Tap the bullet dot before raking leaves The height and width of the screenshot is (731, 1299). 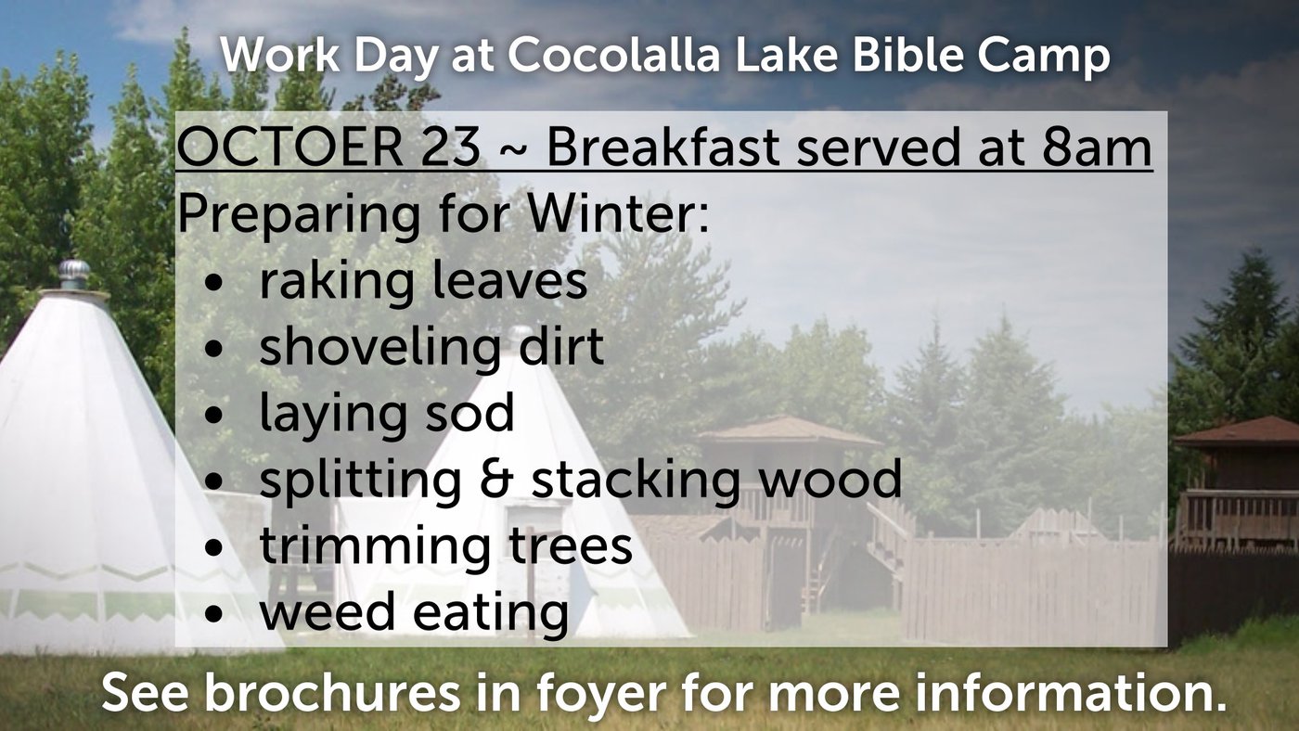(x=213, y=284)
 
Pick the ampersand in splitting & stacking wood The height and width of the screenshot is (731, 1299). (x=495, y=480)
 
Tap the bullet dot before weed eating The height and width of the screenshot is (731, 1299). (x=213, y=613)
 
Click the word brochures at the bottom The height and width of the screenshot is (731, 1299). (x=332, y=692)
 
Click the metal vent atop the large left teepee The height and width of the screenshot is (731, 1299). (x=73, y=275)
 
